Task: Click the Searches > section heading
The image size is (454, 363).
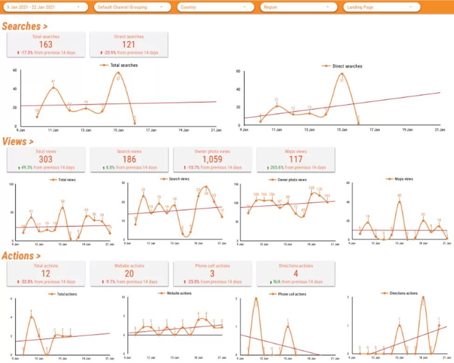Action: click(25, 27)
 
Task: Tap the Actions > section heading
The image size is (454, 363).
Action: click(20, 256)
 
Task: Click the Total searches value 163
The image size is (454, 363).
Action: click(46, 45)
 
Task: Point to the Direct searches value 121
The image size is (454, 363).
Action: click(129, 45)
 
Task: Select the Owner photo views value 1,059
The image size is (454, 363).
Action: click(212, 159)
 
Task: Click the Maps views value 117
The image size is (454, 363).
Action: click(296, 159)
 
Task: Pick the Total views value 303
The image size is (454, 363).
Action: click(46, 159)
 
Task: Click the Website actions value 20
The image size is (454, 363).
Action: click(129, 274)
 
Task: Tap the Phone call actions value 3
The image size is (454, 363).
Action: click(212, 274)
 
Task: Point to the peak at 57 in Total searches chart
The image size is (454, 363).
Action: click(118, 73)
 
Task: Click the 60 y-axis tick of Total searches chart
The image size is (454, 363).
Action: click(14, 70)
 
